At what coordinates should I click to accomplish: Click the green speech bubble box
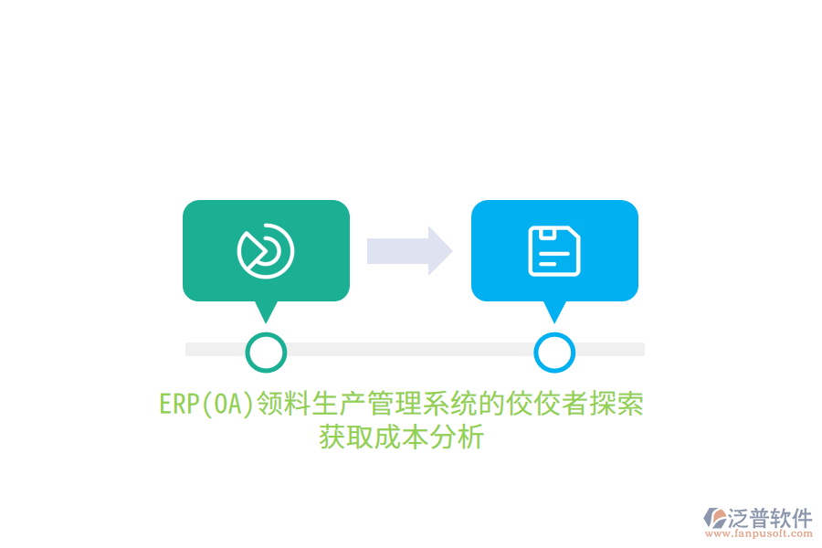266,250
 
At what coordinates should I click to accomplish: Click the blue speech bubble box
554,250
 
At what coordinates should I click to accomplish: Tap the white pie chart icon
266,250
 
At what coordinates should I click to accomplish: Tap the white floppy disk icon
554,250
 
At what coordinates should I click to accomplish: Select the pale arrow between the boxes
409,250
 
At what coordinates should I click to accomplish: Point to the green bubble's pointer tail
266,312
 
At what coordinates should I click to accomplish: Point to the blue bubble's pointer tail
554,312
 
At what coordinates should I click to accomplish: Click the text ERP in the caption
179,405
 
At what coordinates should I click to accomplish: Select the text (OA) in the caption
227,405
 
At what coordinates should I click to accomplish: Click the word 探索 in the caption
616,405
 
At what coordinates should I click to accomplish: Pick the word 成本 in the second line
402,437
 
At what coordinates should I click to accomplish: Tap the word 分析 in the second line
457,437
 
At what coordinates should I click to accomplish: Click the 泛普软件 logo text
770,518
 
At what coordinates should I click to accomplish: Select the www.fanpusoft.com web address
759,533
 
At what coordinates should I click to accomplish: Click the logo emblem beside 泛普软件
715,518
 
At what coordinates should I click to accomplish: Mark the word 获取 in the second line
346,437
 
